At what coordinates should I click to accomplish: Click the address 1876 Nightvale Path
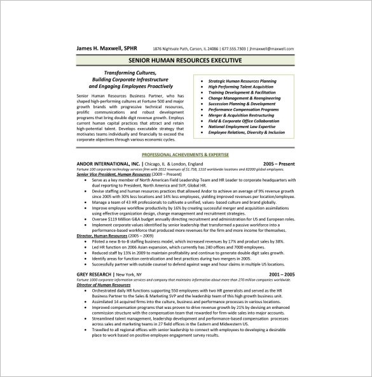coord(172,49)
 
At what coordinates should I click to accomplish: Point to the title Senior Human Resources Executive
coord(186,62)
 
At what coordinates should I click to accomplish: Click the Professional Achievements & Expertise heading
coord(185,155)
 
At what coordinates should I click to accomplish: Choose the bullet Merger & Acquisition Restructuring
coord(242,115)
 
